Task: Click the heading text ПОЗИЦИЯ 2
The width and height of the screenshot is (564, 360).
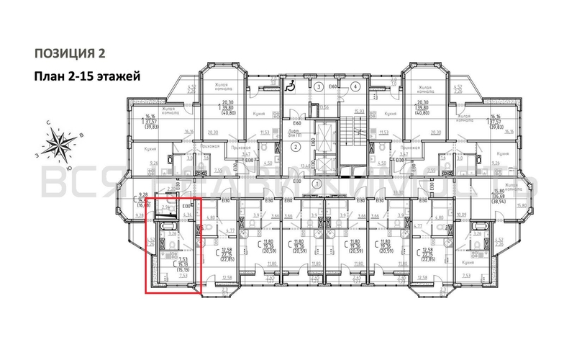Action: click(x=70, y=53)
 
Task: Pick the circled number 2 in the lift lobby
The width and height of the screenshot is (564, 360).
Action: click(x=296, y=148)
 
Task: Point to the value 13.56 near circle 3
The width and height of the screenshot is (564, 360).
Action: click(x=324, y=107)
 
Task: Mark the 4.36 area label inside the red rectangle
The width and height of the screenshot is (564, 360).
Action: click(x=188, y=214)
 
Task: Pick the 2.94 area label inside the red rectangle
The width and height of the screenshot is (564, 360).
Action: click(x=165, y=207)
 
